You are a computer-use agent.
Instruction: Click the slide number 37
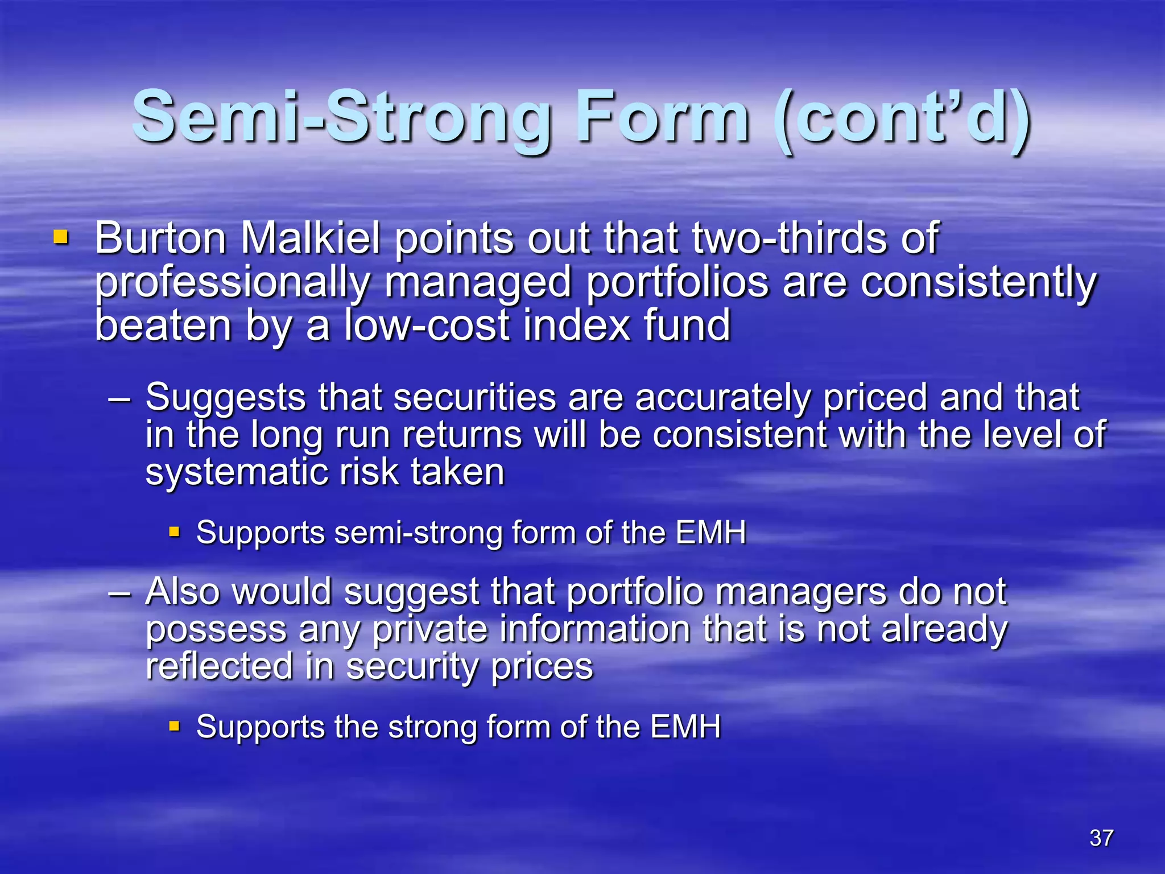pos(1101,838)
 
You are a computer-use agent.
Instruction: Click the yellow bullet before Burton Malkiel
pos(61,236)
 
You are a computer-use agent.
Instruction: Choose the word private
pos(430,630)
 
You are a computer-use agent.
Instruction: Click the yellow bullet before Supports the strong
pos(175,727)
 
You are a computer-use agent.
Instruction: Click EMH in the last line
pos(685,727)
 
